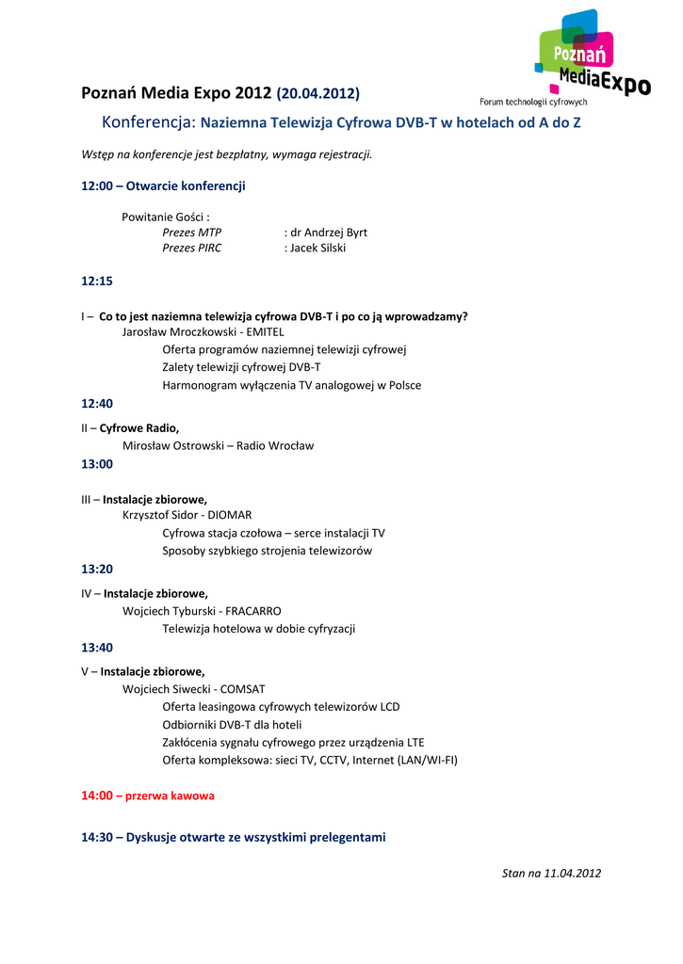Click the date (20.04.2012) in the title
[317, 93]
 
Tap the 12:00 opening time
[97, 186]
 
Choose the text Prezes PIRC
[192, 249]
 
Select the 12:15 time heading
[97, 281]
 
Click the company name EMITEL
[265, 332]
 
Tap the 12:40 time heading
[97, 404]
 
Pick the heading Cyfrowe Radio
[139, 427]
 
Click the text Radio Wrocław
[275, 445]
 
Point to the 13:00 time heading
[97, 464]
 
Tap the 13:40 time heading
[97, 648]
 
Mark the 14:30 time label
[97, 837]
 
